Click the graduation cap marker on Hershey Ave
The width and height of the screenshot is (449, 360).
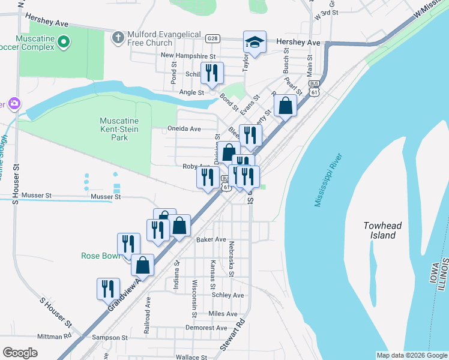coord(254,43)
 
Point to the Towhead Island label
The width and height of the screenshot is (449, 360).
coord(382,230)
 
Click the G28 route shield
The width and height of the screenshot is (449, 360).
coord(212,38)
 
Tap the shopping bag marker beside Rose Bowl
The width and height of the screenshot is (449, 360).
coord(142,265)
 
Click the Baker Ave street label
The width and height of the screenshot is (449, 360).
coord(211,239)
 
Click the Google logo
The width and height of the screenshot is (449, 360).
coord(20,353)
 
